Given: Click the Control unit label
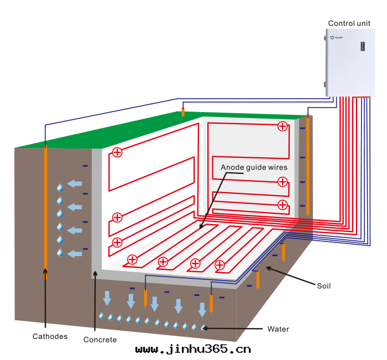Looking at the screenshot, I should (349, 23).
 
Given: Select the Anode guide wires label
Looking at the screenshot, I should (254, 166).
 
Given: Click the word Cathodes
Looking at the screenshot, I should (50, 336).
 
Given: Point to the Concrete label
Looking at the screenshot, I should (100, 340).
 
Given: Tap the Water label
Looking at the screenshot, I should (278, 329).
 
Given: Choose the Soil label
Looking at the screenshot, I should (323, 285).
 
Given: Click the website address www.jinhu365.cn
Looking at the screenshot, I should (193, 349).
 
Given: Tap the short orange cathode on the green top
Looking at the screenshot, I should (183, 112).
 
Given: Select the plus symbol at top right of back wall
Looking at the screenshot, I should (283, 126).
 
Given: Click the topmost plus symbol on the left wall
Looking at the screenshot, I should (117, 152).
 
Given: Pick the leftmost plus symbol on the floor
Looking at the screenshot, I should (132, 259).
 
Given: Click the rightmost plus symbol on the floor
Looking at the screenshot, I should (220, 265).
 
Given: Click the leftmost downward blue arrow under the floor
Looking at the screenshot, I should (107, 297).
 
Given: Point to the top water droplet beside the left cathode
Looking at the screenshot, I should (60, 188).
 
